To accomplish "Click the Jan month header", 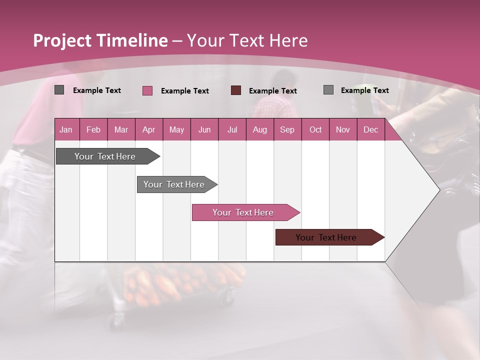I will (66, 130).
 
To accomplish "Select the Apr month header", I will (148, 130).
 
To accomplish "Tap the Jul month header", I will (232, 130).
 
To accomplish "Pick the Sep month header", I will (287, 130).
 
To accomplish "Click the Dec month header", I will (370, 130).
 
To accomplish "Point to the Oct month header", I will (315, 130).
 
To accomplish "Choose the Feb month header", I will (93, 130).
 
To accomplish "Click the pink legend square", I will (147, 90).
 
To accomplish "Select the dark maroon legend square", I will (236, 90).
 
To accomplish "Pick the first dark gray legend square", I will (59, 90).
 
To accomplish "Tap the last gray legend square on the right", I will (328, 90).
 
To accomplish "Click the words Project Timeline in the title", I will (100, 40).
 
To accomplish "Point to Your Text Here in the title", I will (247, 40).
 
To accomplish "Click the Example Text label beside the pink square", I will (184, 91).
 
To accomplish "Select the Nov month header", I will (342, 130).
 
